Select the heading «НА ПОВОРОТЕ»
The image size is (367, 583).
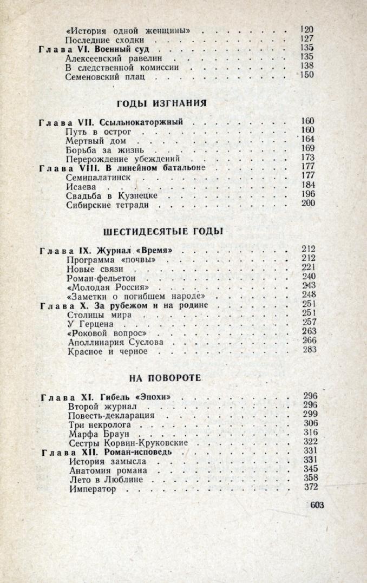click(166, 377)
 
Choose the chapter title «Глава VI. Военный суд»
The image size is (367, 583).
click(102, 48)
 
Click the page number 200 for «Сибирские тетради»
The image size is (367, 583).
click(307, 204)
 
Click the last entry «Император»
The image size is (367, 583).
click(93, 489)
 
